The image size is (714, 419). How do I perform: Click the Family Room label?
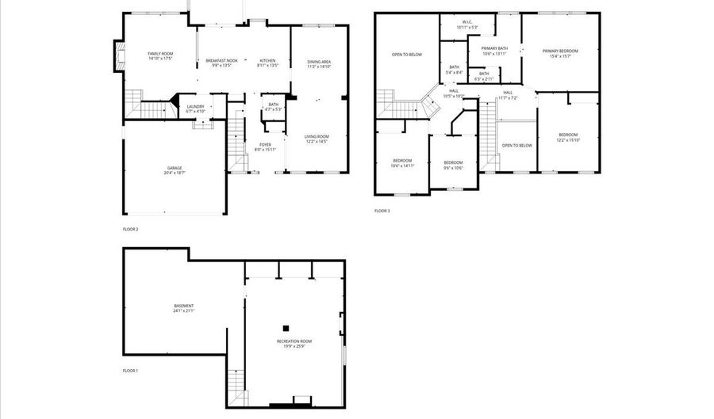[x=160, y=55]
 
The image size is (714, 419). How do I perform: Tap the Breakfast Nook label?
[x=218, y=63]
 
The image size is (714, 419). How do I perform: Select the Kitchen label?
[x=268, y=63]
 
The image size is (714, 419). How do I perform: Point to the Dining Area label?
[x=319, y=63]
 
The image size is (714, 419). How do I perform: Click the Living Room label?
[x=316, y=139]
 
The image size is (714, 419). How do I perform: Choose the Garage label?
[x=175, y=170]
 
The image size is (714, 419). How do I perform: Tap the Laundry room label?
[x=196, y=109]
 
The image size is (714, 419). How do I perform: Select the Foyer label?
[x=265, y=147]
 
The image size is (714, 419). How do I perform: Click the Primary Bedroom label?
[x=560, y=53]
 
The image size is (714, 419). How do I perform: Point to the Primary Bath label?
[x=493, y=51]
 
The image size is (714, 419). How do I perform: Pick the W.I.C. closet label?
[x=466, y=25]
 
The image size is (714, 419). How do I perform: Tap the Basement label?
[x=184, y=308]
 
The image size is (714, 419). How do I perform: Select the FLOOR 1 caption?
[x=130, y=371]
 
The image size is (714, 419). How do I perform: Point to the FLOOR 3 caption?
[x=382, y=211]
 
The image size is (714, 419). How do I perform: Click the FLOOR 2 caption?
[x=130, y=230]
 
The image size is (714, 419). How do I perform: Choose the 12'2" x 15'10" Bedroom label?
[x=567, y=137]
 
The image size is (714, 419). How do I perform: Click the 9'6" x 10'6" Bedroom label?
[x=453, y=165]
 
